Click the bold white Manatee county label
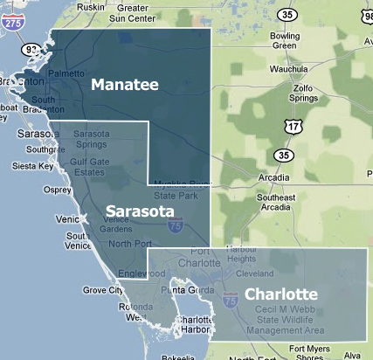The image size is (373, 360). click(125, 84)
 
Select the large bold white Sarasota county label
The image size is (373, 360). click(139, 211)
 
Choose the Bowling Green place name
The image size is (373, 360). click(285, 39)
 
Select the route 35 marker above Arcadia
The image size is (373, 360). click(282, 155)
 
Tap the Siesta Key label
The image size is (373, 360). click(33, 165)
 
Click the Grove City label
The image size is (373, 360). click(101, 289)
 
